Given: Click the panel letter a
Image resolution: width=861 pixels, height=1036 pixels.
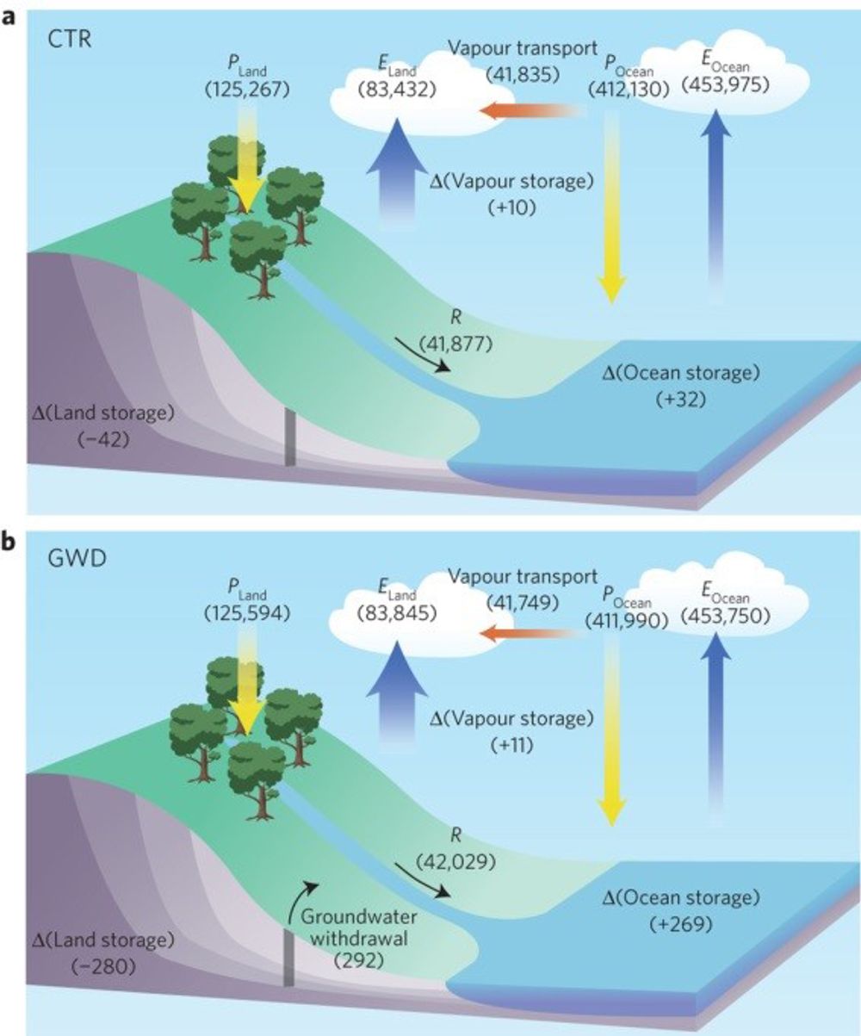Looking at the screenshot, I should [10, 16].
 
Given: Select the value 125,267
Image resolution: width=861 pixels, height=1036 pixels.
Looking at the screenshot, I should [244, 89].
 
